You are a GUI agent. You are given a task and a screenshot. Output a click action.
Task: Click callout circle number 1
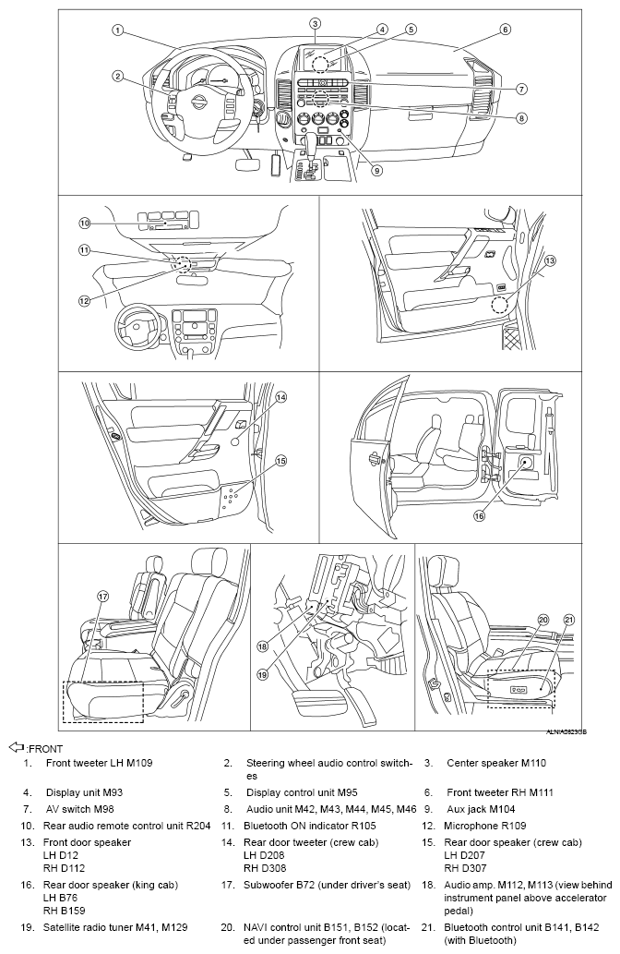point(117,30)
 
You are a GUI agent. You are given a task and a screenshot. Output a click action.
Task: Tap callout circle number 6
point(505,30)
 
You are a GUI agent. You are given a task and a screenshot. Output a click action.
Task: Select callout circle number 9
point(377,170)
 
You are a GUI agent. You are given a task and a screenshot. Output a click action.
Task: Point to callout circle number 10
point(83,223)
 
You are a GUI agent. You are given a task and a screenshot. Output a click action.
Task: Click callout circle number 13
point(551,261)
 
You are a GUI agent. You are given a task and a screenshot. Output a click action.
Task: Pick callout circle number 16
point(479,516)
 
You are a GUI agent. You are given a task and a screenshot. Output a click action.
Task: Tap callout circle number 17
point(103,596)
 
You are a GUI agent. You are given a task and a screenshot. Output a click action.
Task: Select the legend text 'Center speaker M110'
point(496,764)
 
